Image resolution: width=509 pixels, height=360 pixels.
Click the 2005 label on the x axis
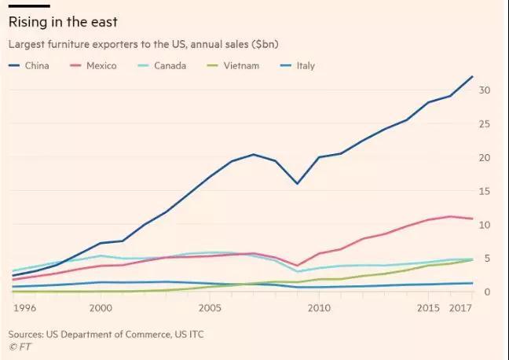pyautogui.click(x=210, y=308)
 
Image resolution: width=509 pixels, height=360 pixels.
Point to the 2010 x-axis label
pyautogui.click(x=319, y=308)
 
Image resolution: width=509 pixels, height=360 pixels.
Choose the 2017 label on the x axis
pyautogui.click(x=460, y=308)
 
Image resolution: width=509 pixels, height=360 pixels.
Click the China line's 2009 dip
pyautogui.click(x=297, y=184)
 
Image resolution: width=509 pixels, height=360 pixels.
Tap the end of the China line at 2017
pyautogui.click(x=472, y=76)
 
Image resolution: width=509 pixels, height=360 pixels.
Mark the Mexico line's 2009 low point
pyautogui.click(x=297, y=266)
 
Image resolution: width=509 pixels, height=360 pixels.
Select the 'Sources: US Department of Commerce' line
pyautogui.click(x=106, y=334)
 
